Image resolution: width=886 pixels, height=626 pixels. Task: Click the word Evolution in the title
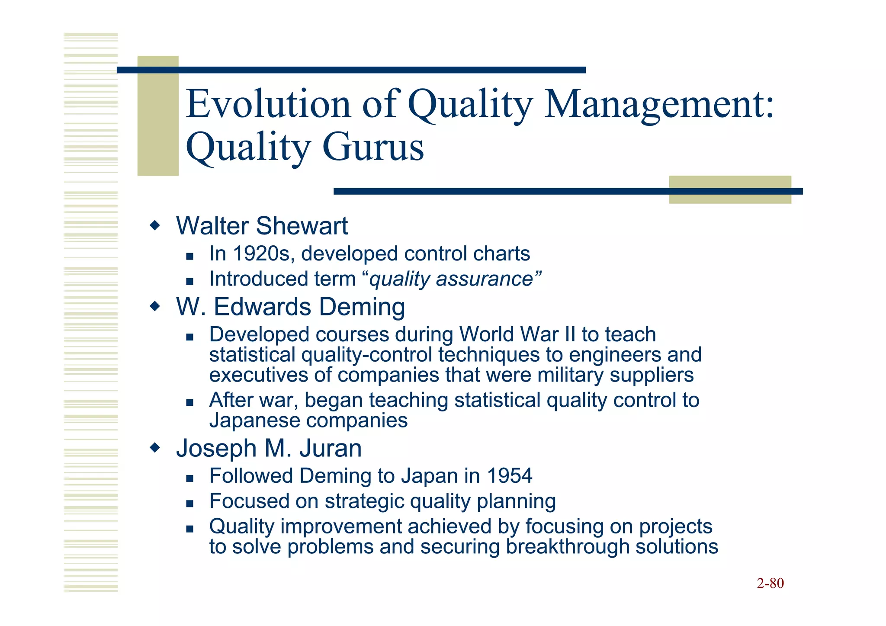(268, 104)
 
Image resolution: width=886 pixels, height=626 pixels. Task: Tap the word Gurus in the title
(373, 147)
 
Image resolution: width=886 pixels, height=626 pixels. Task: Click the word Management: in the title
(659, 104)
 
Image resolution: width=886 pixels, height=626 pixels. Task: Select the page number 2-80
(770, 583)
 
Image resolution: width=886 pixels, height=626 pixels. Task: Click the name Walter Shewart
(262, 226)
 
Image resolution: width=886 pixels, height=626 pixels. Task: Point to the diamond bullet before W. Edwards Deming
(154, 307)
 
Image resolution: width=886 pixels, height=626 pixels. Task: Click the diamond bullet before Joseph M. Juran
(154, 448)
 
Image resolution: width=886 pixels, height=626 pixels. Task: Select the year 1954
(509, 476)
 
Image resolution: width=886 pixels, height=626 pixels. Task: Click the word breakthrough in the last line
(567, 546)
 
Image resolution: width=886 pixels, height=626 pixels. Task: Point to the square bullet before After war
(189, 403)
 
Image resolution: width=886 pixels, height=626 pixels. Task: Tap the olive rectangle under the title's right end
(730, 199)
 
